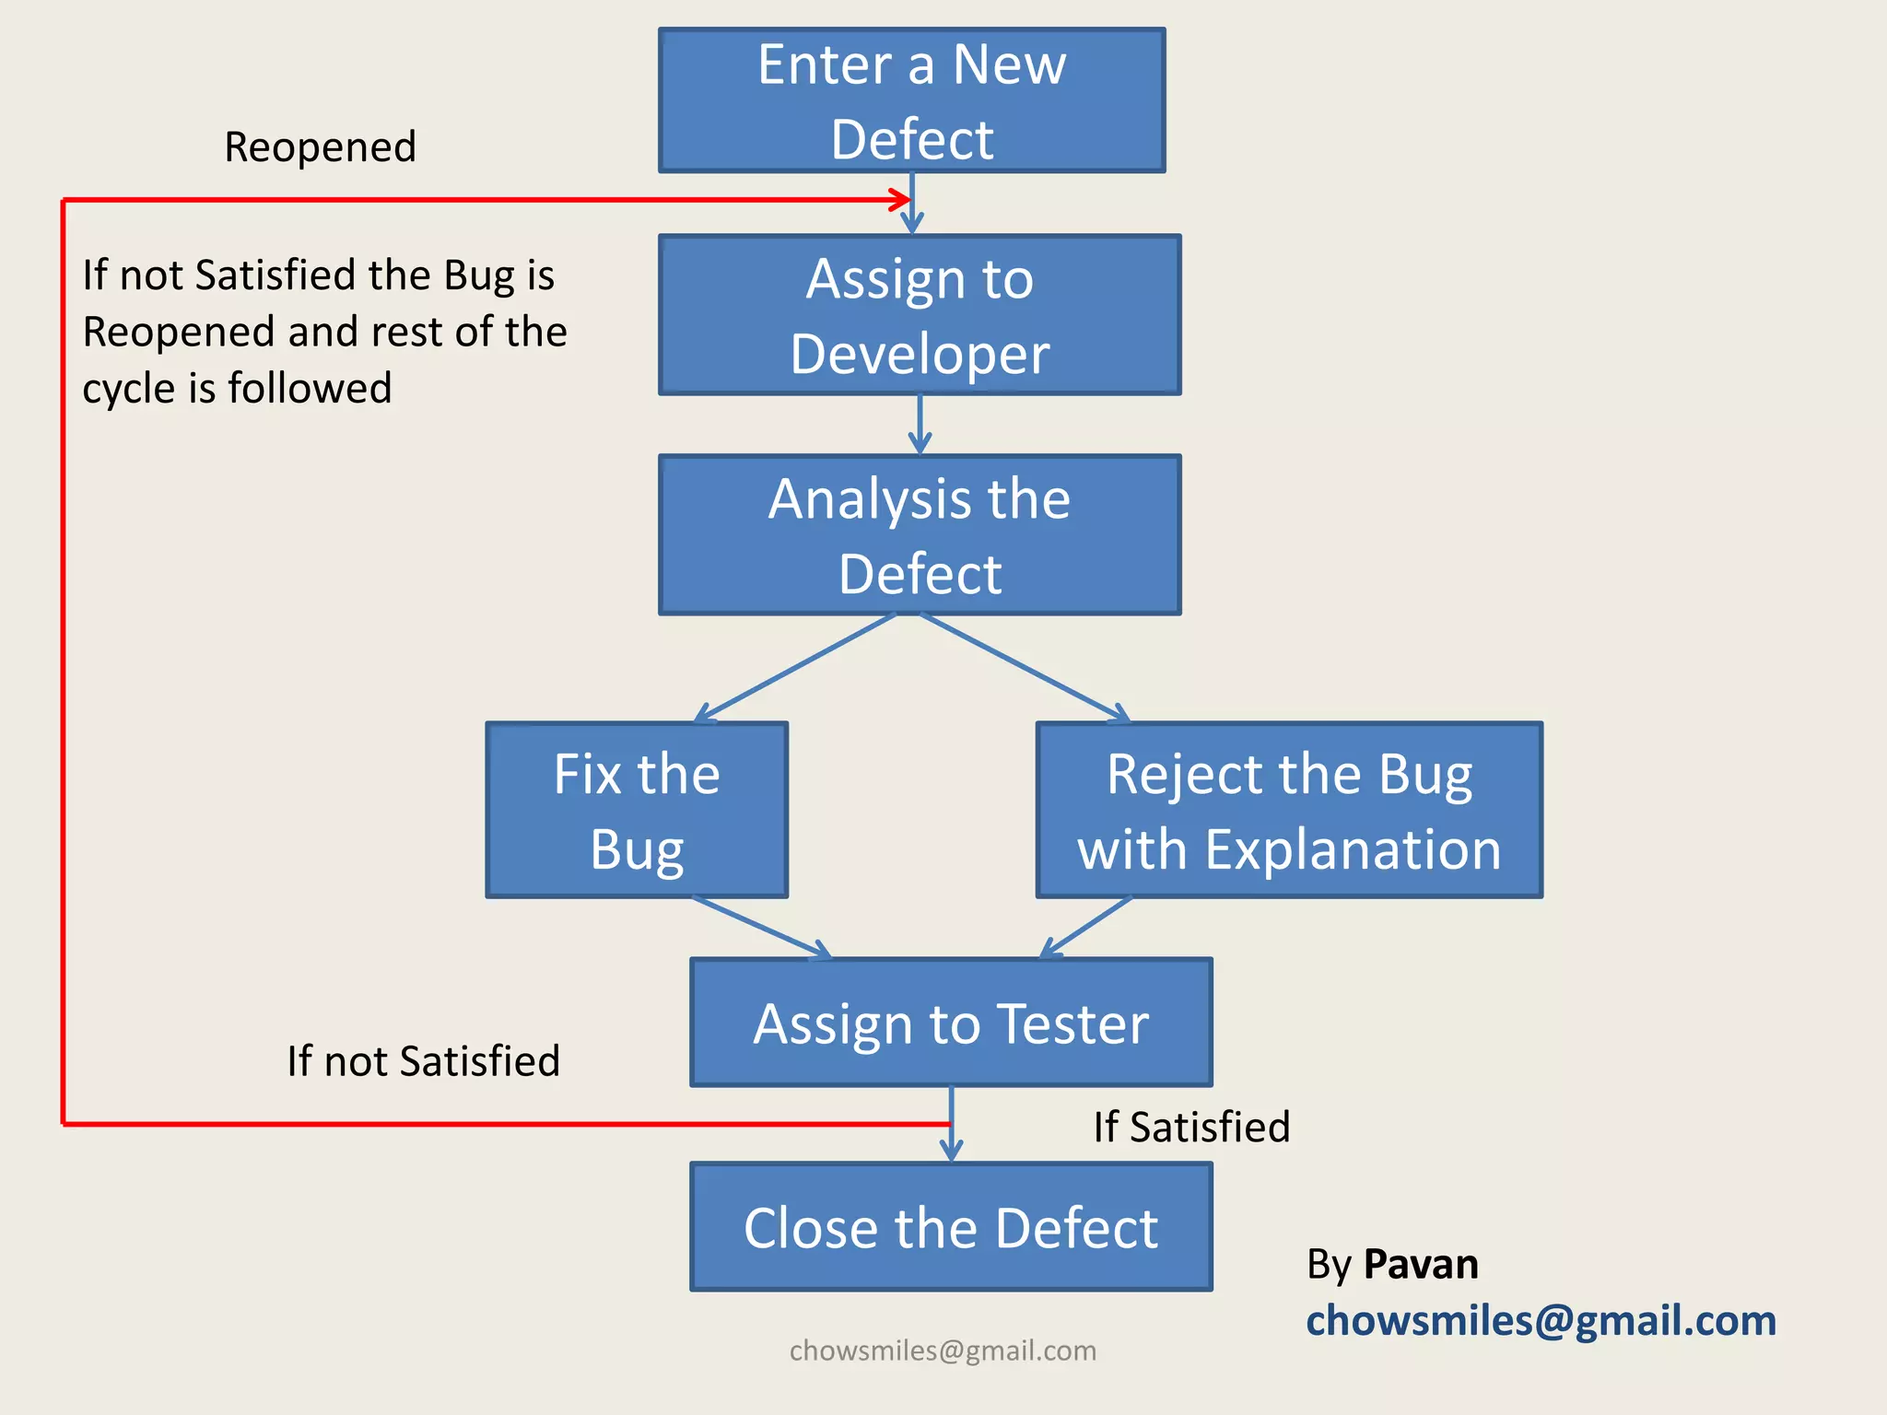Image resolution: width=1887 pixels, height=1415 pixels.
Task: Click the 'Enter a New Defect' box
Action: click(911, 100)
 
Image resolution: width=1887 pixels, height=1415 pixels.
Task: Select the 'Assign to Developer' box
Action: click(920, 315)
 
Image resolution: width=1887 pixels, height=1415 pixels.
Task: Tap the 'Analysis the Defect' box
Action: click(920, 535)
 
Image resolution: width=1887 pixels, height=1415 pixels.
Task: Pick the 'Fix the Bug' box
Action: click(637, 810)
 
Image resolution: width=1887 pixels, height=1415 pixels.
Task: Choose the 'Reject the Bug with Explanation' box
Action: click(1289, 810)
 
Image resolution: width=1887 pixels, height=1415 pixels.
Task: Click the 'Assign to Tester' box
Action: click(951, 1023)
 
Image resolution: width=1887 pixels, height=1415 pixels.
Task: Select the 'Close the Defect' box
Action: click(951, 1227)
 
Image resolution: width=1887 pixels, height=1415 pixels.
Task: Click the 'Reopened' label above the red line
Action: click(320, 147)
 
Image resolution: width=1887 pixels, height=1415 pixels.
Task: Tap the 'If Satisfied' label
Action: click(1191, 1127)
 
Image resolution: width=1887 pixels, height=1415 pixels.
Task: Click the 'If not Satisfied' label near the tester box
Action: click(423, 1060)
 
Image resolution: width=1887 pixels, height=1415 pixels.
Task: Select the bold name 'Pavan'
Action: click(1421, 1264)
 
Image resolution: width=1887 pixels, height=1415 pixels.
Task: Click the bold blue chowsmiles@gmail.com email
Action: click(1541, 1320)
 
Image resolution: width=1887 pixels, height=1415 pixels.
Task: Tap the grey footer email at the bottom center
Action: click(943, 1351)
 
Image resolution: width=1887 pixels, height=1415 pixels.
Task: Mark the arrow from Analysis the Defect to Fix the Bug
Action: click(794, 668)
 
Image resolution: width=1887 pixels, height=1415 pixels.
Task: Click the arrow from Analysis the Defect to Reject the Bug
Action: click(1025, 667)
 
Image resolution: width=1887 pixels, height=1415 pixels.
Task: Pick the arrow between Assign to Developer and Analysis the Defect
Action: click(920, 425)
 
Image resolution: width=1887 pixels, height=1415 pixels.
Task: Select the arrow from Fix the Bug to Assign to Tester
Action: click(762, 927)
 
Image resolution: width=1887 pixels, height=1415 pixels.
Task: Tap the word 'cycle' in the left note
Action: click(128, 389)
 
